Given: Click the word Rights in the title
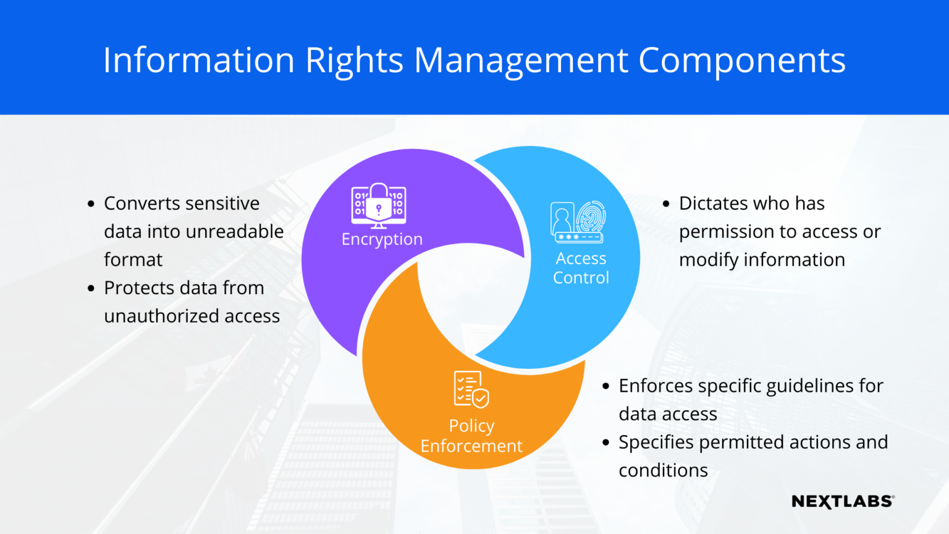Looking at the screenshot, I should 354,61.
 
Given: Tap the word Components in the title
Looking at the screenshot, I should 741,61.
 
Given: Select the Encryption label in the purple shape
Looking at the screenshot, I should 382,239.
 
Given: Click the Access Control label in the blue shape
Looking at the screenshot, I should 581,268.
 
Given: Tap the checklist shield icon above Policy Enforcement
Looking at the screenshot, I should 471,389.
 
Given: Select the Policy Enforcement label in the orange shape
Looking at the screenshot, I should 471,436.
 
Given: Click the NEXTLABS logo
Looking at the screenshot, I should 843,501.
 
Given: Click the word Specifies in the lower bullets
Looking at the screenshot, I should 656,443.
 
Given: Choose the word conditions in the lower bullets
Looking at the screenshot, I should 663,470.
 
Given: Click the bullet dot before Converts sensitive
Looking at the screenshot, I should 91,203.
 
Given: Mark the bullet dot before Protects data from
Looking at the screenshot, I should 91,288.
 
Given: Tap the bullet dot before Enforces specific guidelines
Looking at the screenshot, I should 605,386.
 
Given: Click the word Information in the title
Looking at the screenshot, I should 198,61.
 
